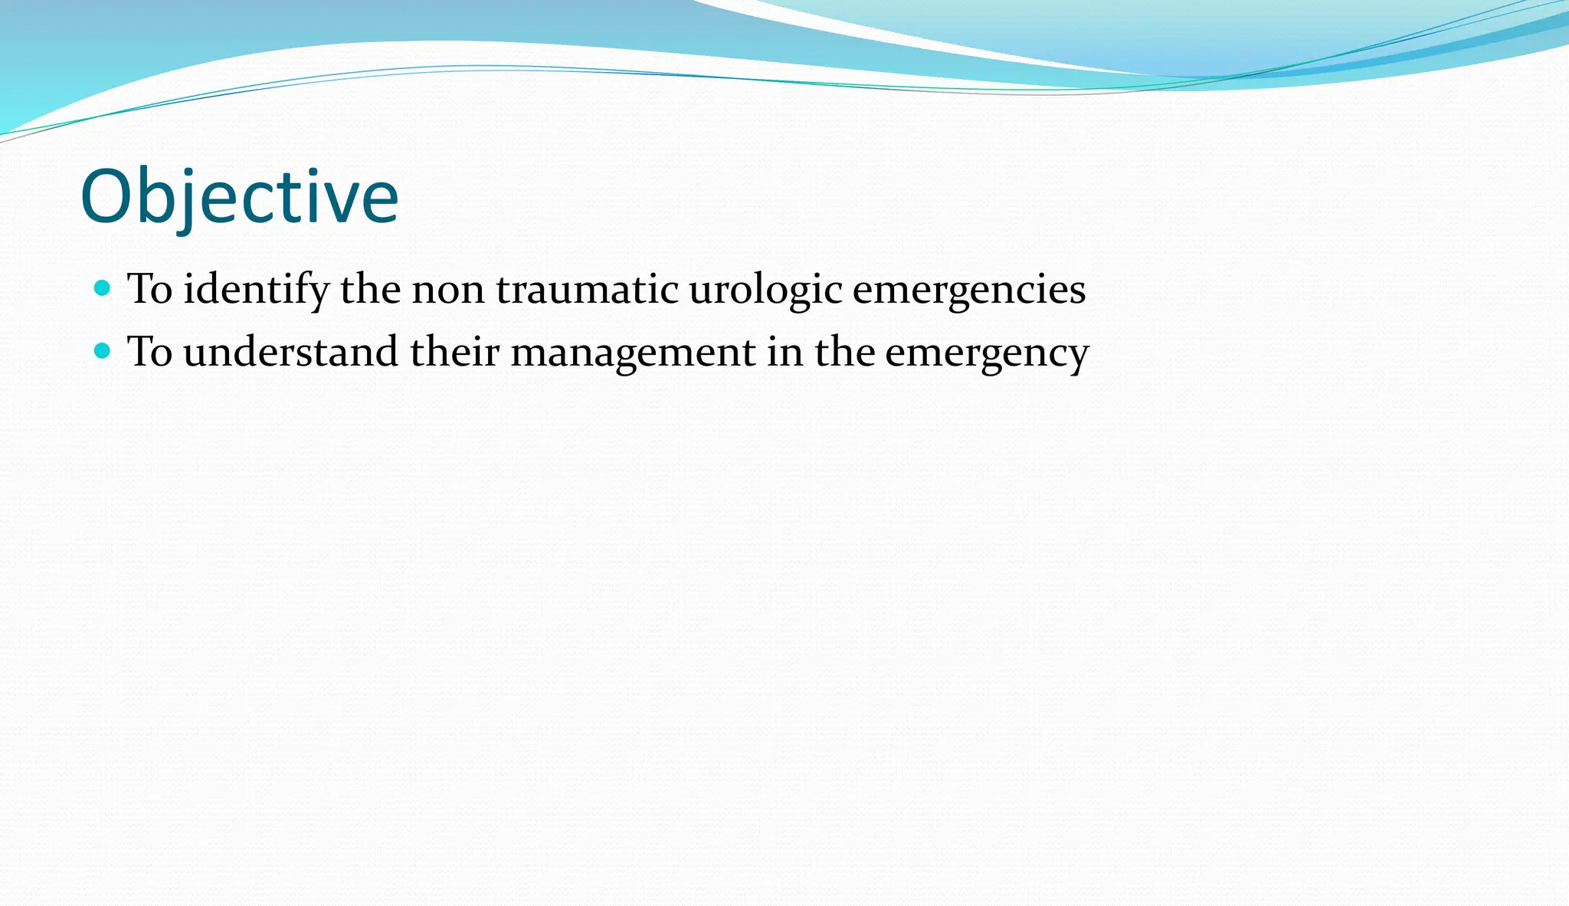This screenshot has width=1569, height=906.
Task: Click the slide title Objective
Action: [239, 197]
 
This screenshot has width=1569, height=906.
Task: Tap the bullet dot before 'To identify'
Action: [102, 289]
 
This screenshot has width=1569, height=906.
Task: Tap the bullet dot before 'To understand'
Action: [102, 351]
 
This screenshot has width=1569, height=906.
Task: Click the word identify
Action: [256, 291]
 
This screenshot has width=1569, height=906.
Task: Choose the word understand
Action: [290, 352]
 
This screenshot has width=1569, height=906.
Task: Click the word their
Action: [454, 352]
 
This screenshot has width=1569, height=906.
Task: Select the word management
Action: [633, 353]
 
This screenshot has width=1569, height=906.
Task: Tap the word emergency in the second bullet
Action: [987, 353]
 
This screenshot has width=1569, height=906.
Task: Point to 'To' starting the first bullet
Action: [149, 290]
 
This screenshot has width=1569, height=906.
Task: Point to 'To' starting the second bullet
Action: [149, 352]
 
